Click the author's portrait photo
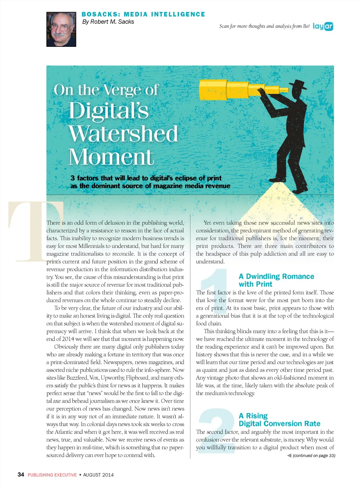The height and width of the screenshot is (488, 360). pos(61,29)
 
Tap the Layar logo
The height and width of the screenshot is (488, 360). pos(323,26)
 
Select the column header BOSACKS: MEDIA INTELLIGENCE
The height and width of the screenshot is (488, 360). pos(143,14)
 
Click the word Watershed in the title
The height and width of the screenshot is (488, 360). pos(123,134)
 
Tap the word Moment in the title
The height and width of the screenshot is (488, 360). pos(111,157)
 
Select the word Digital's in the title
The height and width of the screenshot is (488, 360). pos(109,111)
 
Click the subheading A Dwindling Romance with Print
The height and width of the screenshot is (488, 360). pos(276,280)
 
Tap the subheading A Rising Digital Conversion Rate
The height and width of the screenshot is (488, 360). pos(279,420)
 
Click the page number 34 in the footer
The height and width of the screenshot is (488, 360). pos(21,475)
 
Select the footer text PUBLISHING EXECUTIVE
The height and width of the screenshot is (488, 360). pos(52,475)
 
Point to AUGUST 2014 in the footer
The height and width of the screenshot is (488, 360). pos(98,475)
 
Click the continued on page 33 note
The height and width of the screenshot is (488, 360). pos(314,456)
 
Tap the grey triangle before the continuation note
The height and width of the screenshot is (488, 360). pos(289,456)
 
